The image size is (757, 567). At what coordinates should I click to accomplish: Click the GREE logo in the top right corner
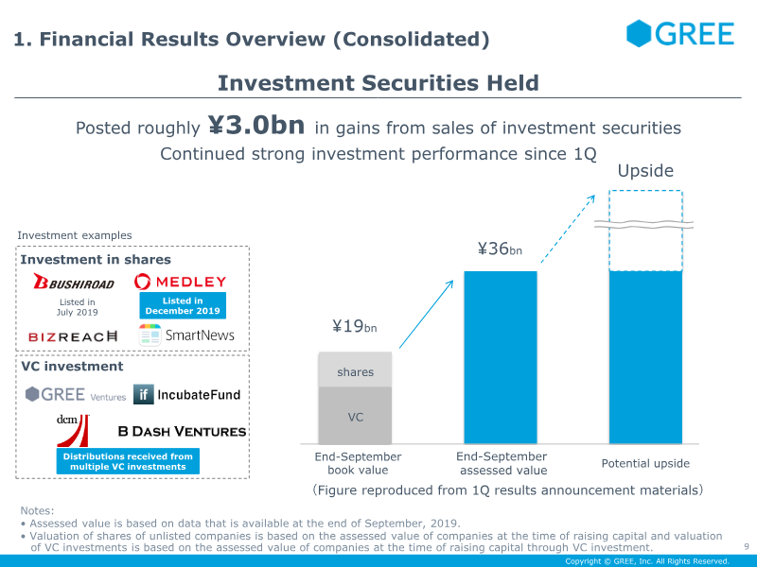tap(680, 34)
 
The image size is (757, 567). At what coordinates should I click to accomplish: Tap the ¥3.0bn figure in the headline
tap(256, 127)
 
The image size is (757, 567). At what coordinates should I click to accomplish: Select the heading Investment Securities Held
tap(378, 83)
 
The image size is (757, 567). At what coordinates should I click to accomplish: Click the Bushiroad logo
tap(74, 283)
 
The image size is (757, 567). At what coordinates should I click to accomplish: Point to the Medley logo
tap(181, 282)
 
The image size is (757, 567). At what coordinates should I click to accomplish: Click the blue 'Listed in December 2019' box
tap(181, 306)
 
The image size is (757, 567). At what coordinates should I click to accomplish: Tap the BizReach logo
tap(74, 335)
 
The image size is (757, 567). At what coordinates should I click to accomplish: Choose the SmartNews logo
tap(186, 335)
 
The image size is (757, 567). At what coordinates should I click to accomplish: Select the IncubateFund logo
tap(187, 394)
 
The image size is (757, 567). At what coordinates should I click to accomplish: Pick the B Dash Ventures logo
tap(182, 431)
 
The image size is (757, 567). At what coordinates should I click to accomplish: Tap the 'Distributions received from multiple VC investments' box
tap(129, 461)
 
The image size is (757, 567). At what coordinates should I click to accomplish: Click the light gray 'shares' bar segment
tap(354, 372)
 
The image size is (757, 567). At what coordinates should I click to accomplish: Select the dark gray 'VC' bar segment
tap(354, 416)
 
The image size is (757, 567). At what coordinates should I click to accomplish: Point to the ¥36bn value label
tap(499, 250)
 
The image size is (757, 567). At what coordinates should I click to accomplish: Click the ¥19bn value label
tap(354, 327)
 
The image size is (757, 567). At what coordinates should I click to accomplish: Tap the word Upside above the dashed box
tap(645, 171)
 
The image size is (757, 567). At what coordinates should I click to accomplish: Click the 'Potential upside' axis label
tap(645, 464)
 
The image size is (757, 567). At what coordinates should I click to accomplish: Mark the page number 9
tap(747, 545)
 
